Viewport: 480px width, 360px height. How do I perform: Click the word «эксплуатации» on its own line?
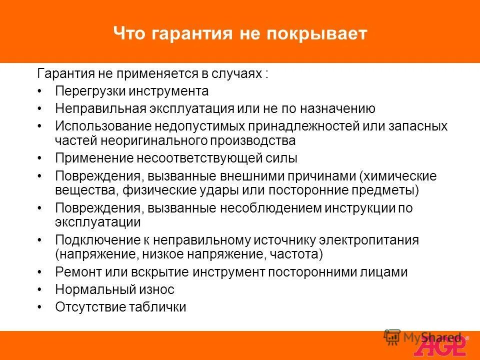click(x=98, y=222)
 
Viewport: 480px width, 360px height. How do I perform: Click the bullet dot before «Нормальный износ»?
click(x=40, y=290)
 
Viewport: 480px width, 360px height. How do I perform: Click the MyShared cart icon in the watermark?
click(x=392, y=337)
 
